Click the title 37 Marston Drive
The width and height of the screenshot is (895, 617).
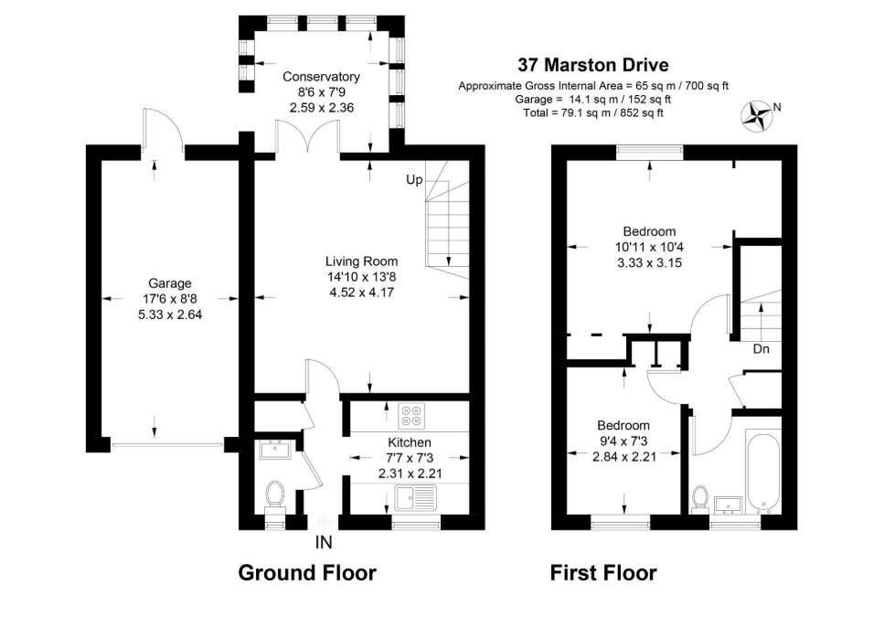(x=593, y=65)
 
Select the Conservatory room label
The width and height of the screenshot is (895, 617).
(x=321, y=77)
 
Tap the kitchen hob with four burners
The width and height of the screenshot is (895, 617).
(x=411, y=417)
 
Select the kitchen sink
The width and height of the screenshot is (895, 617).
(x=417, y=498)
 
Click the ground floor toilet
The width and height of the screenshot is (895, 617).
(x=274, y=496)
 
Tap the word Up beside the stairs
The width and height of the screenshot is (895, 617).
(x=414, y=180)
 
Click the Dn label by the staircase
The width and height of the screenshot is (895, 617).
(x=760, y=348)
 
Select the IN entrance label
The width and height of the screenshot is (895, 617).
(x=324, y=542)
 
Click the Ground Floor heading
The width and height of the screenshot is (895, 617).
(x=307, y=573)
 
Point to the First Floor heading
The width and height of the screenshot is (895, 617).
(x=603, y=573)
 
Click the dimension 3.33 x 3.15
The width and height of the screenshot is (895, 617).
(x=649, y=262)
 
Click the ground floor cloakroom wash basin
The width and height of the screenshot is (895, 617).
(x=274, y=449)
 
